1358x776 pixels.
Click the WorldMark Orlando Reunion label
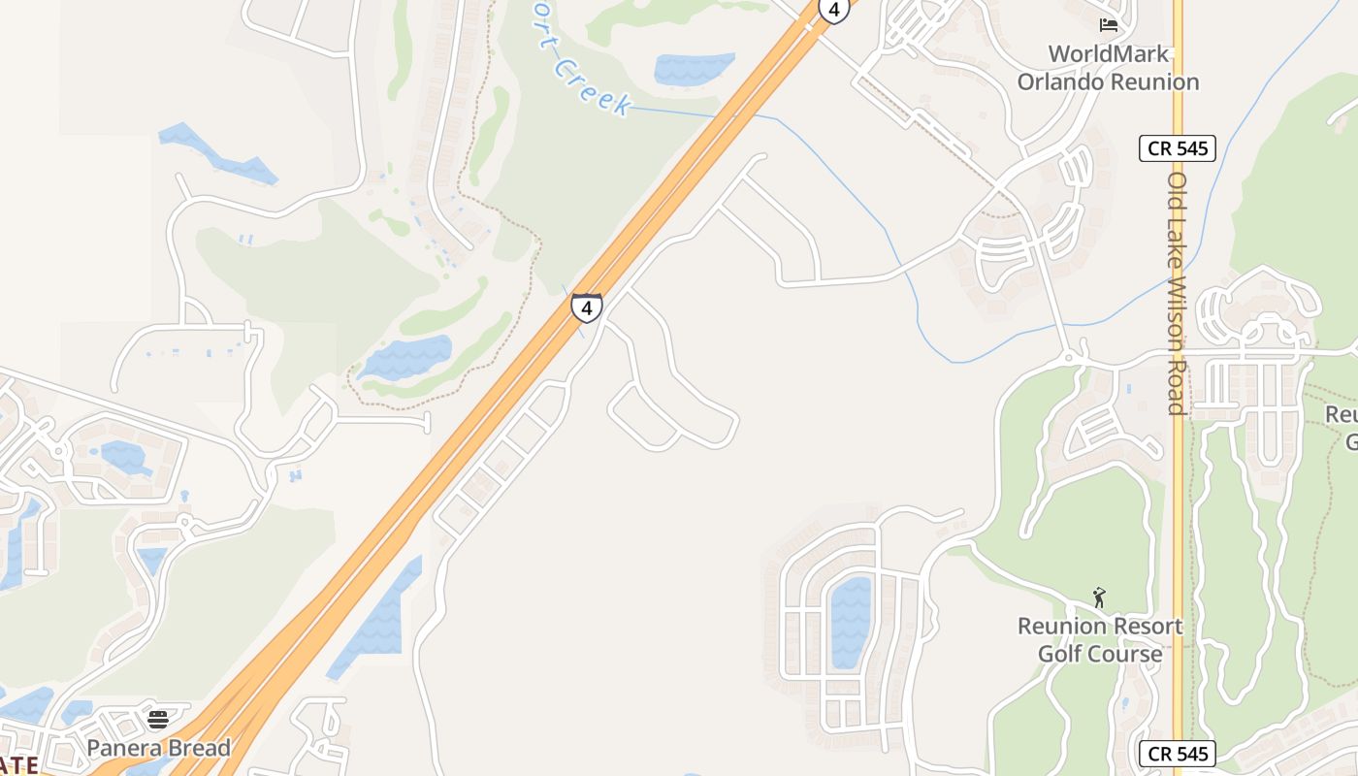pyautogui.click(x=1108, y=68)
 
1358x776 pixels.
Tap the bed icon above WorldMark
pyautogui.click(x=1109, y=25)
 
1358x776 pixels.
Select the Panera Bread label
pyautogui.click(x=159, y=748)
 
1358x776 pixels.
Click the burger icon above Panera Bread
pyautogui.click(x=158, y=720)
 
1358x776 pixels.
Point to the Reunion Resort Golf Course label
pyautogui.click(x=1100, y=640)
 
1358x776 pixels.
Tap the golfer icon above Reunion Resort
pyautogui.click(x=1099, y=598)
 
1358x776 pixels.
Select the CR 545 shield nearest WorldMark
pyautogui.click(x=1177, y=148)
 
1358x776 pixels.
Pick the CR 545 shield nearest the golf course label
pyautogui.click(x=1177, y=754)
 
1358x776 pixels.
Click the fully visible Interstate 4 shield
pyautogui.click(x=586, y=307)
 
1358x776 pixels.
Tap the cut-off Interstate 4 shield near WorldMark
pyautogui.click(x=833, y=10)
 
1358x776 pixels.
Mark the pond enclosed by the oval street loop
pyautogui.click(x=850, y=622)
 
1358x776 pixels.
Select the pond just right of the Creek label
pyautogui.click(x=693, y=69)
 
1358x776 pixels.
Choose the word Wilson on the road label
pyautogui.click(x=1177, y=312)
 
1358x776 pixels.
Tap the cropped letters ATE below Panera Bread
pyautogui.click(x=19, y=765)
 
